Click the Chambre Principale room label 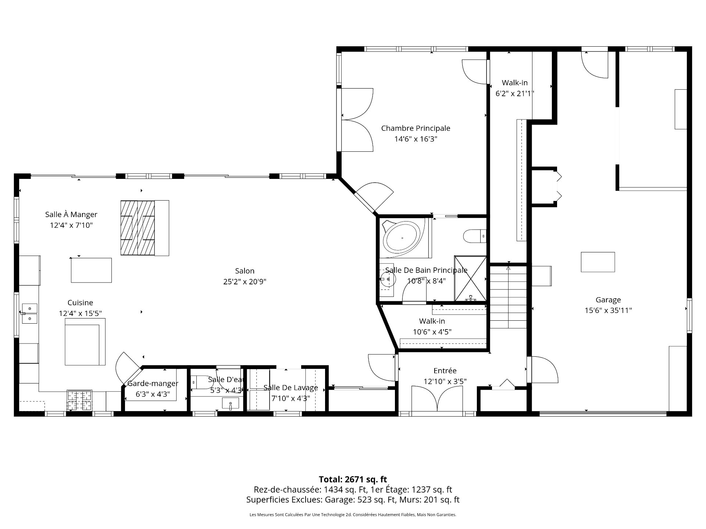[416, 128]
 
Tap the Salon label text [245, 271]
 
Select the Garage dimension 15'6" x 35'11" [608, 310]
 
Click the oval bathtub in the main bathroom [402, 237]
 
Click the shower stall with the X [470, 278]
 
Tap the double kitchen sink [29, 313]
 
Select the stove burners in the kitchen [79, 400]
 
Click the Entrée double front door [437, 398]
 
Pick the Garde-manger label [153, 384]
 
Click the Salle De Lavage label [290, 388]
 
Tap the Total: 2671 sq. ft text [353, 479]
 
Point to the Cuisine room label [80, 303]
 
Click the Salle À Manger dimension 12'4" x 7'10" [71, 225]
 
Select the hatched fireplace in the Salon [138, 228]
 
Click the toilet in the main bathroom [475, 236]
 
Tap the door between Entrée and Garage [542, 370]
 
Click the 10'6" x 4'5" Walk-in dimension [432, 332]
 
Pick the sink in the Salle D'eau [231, 403]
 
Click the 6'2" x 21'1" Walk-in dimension [515, 94]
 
